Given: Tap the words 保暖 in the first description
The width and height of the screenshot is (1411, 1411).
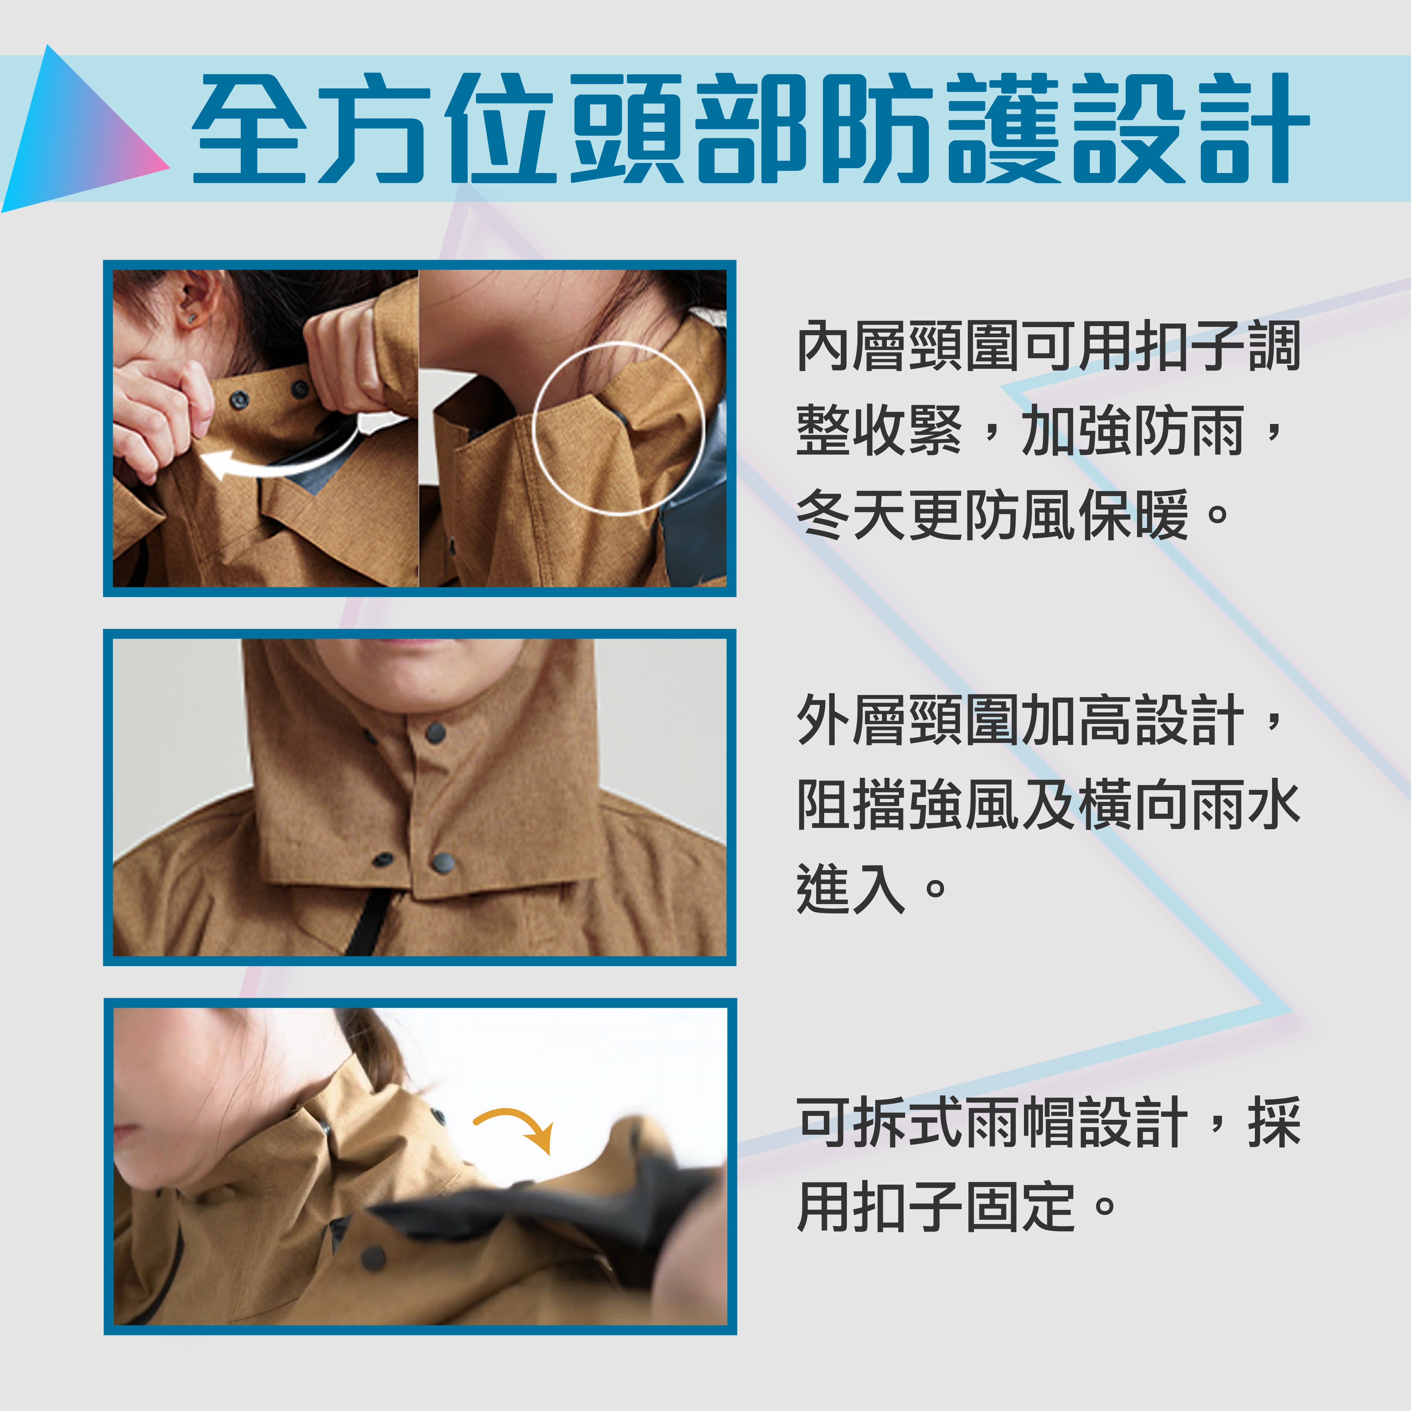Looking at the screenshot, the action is click(1132, 515).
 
